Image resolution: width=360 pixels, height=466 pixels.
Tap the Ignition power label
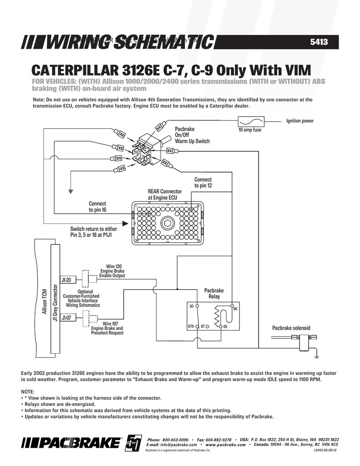pos(299,121)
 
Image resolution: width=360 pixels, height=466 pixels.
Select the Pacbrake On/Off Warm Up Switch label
pos(192,136)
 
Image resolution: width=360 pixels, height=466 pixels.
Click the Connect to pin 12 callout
pos(203,183)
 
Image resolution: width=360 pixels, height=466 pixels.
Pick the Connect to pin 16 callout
pos(97,207)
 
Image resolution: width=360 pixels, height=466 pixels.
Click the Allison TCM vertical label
pos(44,301)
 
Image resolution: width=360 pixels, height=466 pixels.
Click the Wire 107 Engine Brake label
pos(107,328)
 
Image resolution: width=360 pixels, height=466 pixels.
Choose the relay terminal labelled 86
pos(232,305)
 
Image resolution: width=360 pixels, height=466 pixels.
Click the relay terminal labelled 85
pos(221,327)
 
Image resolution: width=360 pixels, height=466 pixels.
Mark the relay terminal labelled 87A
pos(197,327)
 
